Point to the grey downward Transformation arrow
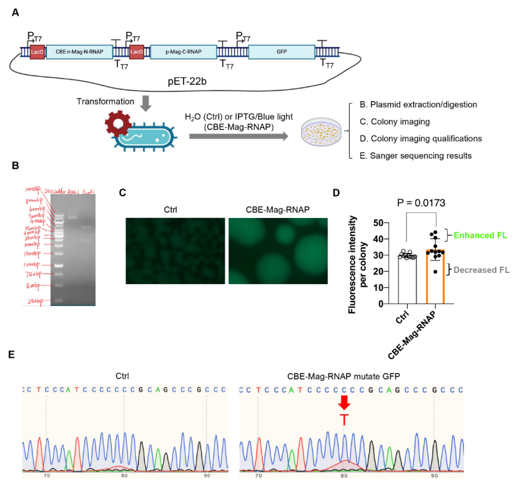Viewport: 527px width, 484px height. tap(146, 102)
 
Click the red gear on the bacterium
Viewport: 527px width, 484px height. tap(117, 122)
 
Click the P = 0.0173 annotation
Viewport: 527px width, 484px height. tap(425, 203)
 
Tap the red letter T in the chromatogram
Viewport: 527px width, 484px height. tap(343, 420)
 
